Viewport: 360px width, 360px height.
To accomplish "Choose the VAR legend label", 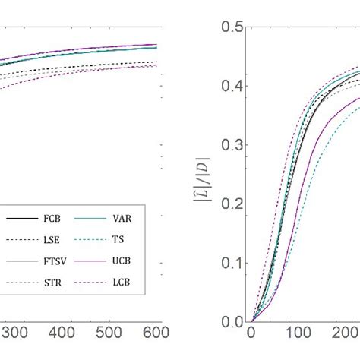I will coord(128,219).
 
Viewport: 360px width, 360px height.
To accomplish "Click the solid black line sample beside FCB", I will coord(24,219).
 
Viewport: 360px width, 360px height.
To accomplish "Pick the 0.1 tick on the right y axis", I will coord(231,263).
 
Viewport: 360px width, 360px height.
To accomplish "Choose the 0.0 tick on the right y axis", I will coord(231,321).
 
